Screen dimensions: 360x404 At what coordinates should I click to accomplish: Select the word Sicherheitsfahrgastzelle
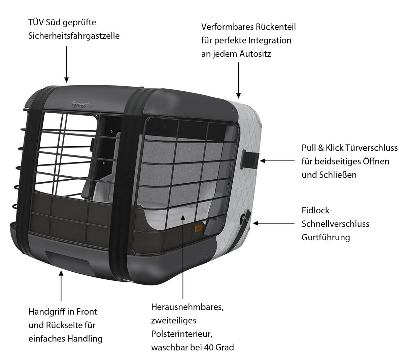[x=74, y=36]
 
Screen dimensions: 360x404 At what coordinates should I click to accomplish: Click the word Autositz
[x=255, y=54]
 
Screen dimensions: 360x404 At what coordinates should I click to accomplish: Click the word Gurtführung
[x=326, y=237]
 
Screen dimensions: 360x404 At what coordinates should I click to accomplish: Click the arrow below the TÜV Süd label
[x=67, y=64]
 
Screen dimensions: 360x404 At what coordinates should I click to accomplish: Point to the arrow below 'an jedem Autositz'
[x=238, y=80]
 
